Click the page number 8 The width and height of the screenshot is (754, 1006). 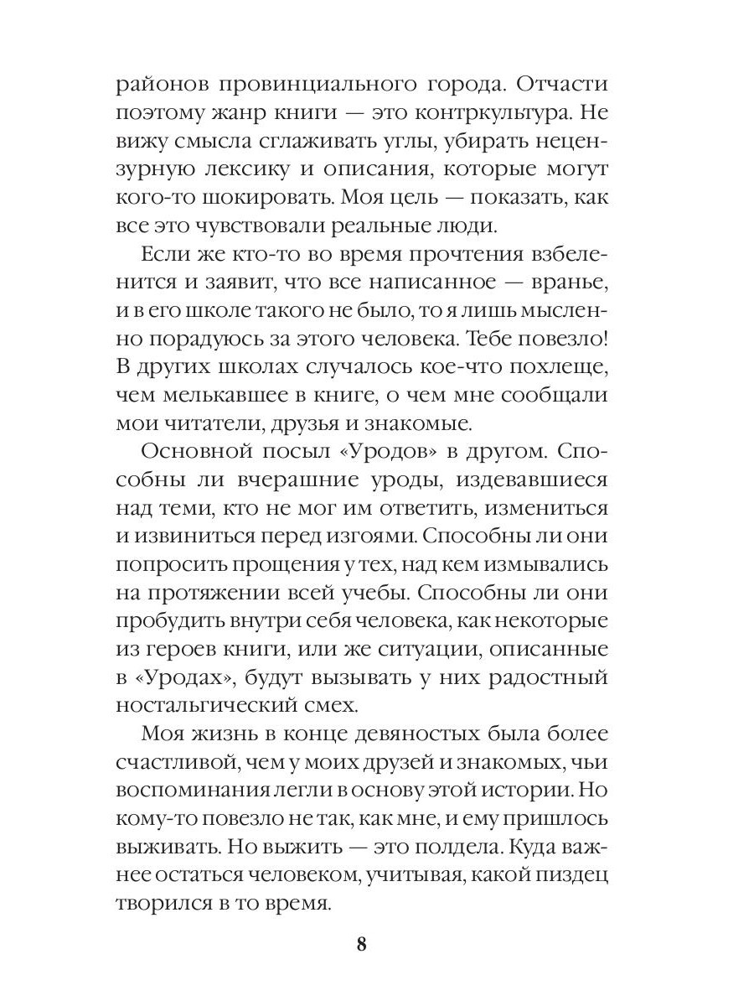[x=361, y=945]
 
